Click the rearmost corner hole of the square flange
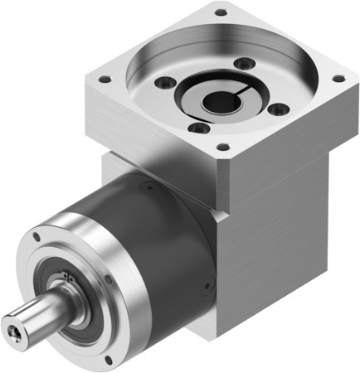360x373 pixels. [x=220, y=12]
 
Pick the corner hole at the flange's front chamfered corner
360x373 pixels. [x=221, y=147]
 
